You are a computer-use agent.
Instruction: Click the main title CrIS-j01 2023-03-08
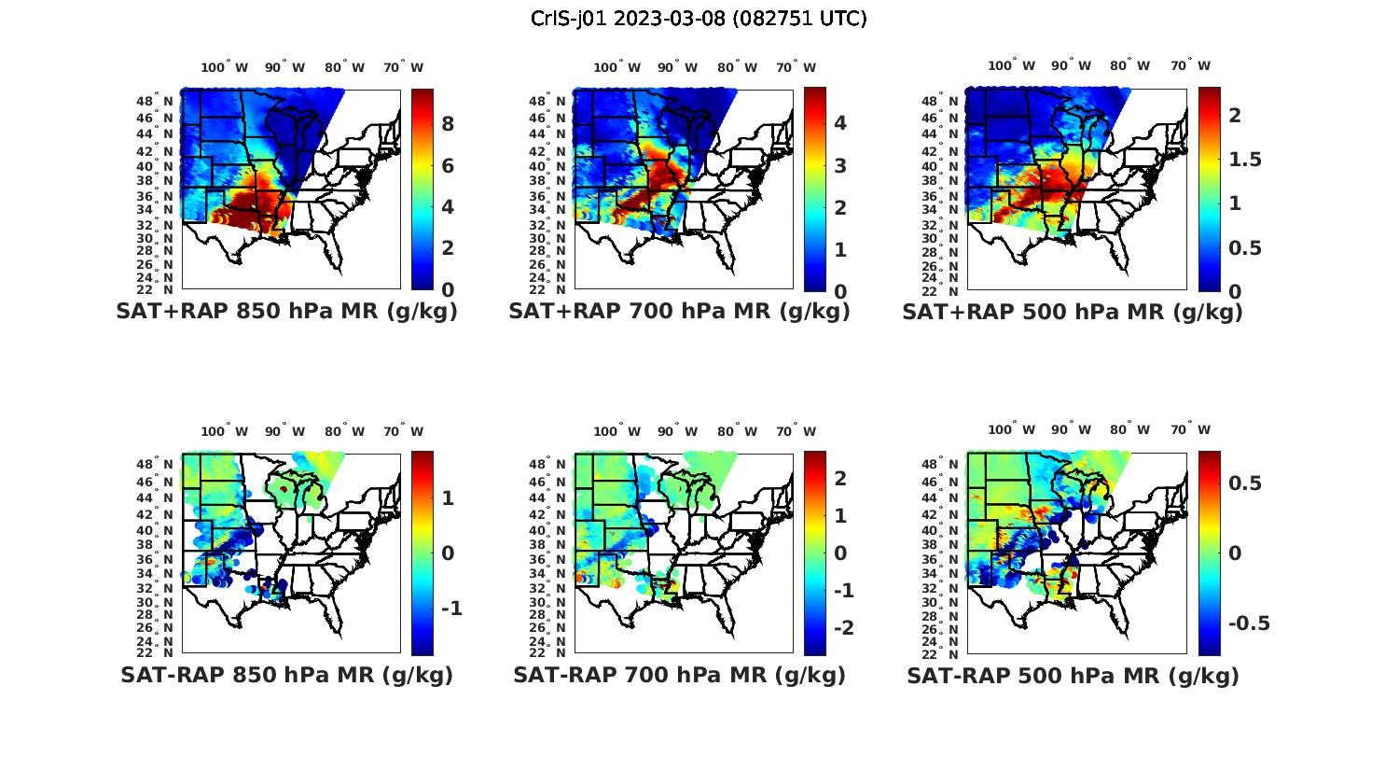point(699,19)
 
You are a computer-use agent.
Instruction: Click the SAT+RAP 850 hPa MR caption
point(287,312)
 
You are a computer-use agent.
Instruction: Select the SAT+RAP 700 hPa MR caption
point(679,312)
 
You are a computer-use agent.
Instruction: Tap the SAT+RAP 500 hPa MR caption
point(1073,312)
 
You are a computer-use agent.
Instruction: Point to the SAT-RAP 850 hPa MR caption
point(287,675)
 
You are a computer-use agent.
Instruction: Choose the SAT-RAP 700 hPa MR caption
point(679,675)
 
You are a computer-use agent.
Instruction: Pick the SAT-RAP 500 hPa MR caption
point(1073,675)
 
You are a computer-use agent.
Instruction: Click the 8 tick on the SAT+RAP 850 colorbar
point(448,124)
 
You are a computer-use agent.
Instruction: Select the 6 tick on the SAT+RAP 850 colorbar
point(448,165)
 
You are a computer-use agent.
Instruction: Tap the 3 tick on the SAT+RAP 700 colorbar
point(839,165)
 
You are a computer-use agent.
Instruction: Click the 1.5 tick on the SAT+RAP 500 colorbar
point(1244,159)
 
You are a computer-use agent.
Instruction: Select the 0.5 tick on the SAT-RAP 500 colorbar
point(1244,483)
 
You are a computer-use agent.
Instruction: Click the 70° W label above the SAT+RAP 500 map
point(1190,65)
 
